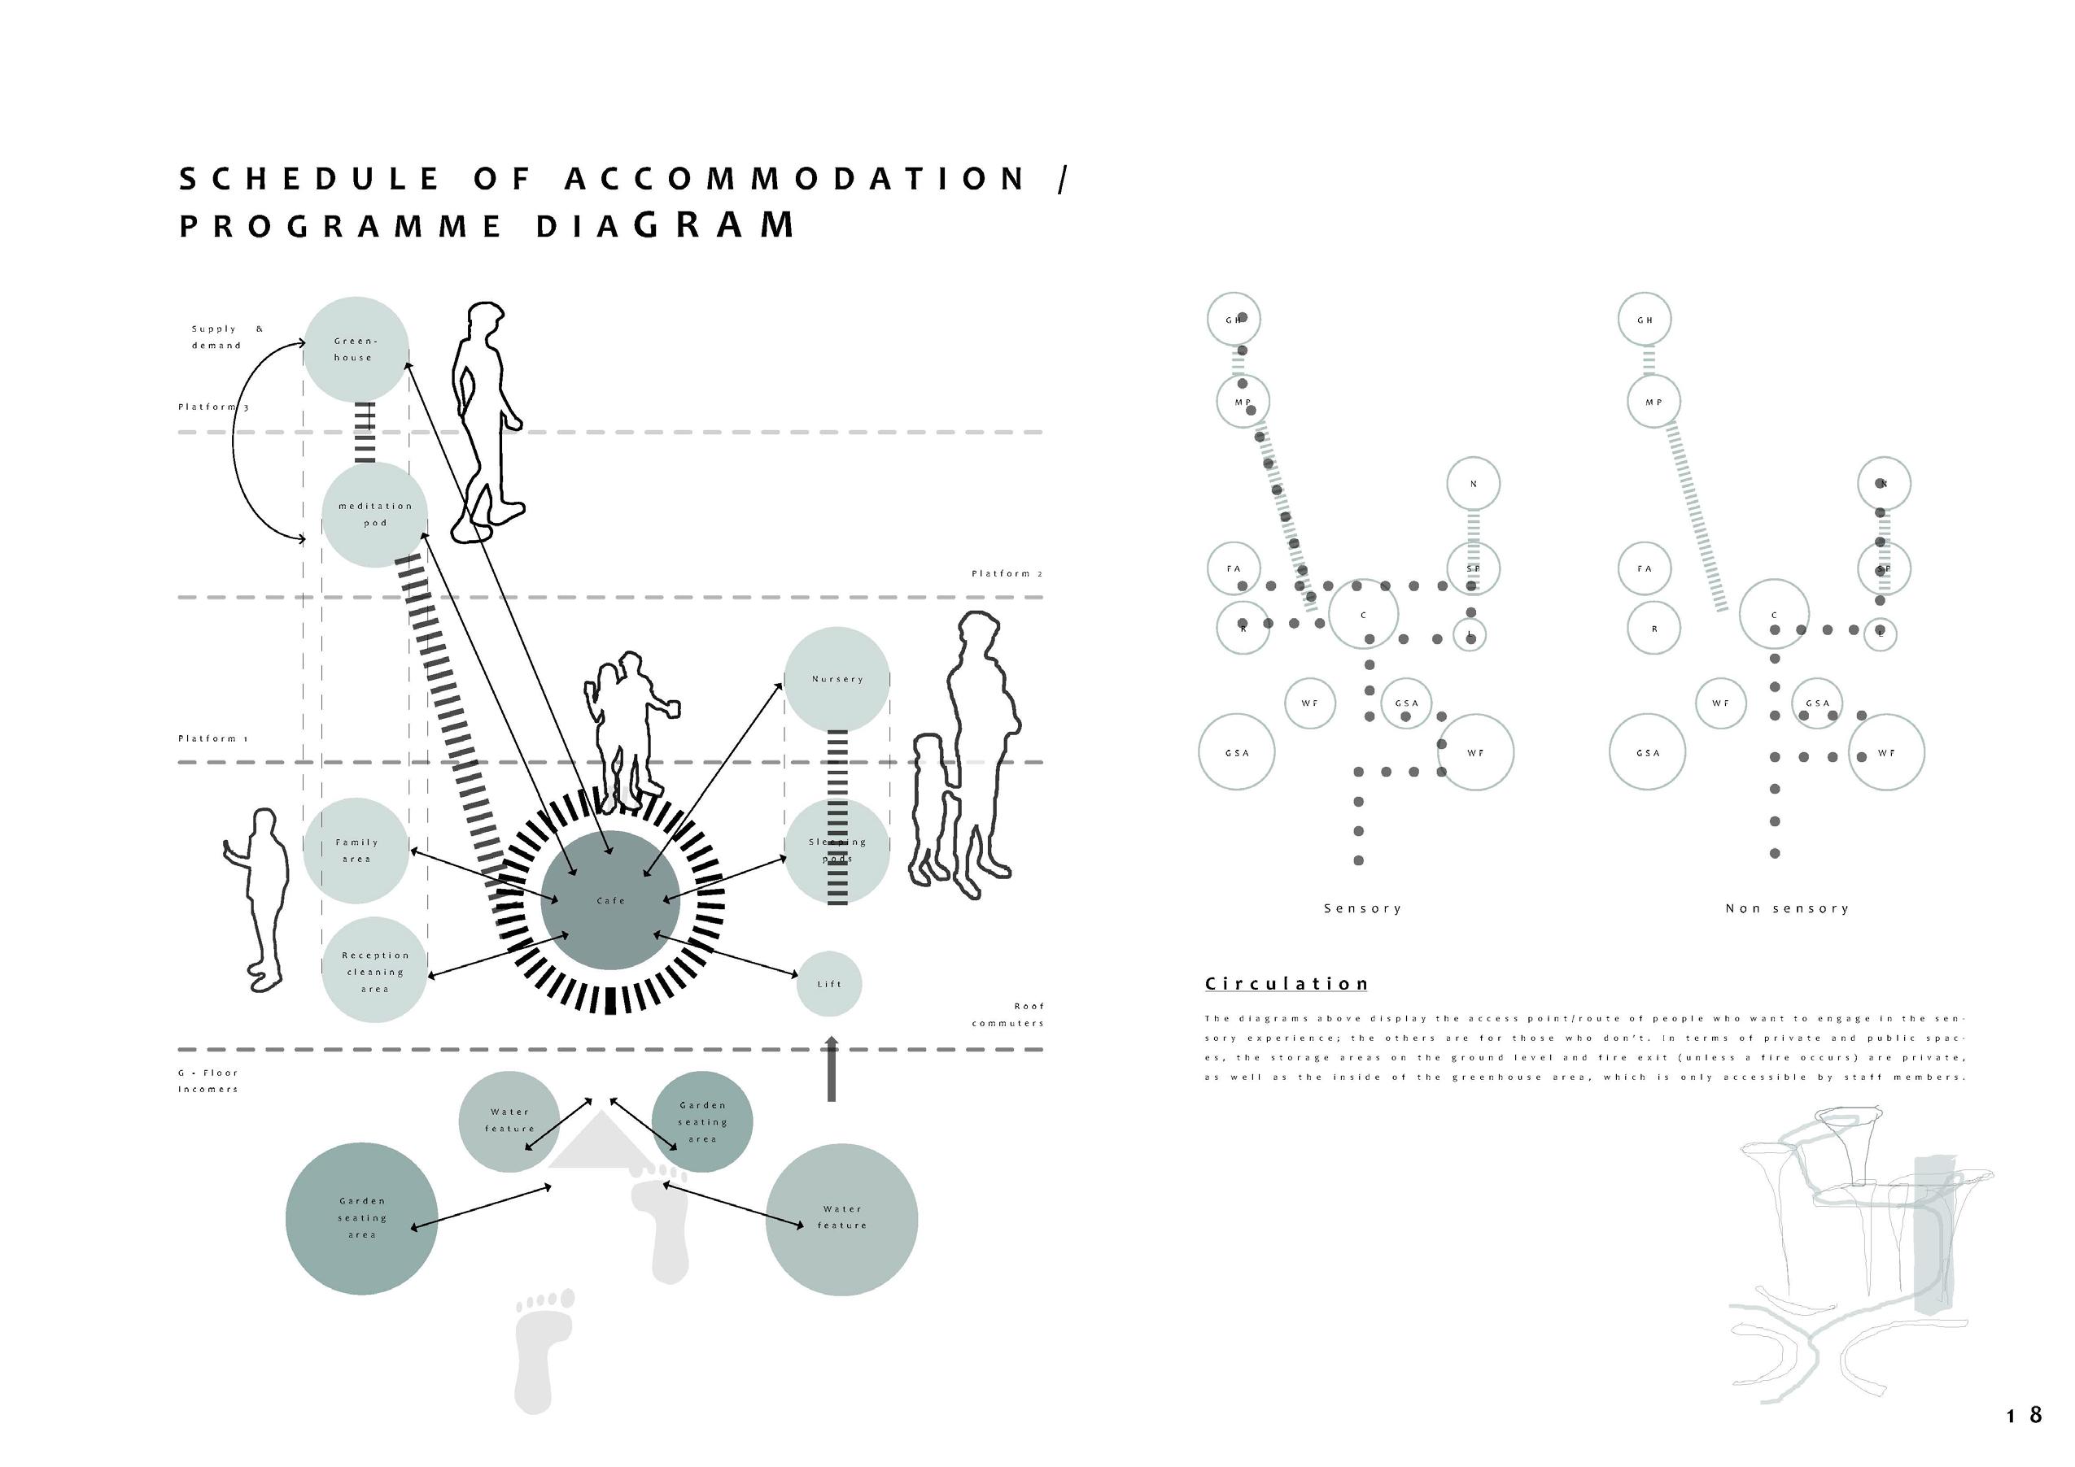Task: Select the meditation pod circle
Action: point(374,515)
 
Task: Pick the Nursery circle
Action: point(837,679)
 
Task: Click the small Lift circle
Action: point(828,984)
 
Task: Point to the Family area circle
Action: point(356,850)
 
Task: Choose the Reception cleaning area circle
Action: point(374,972)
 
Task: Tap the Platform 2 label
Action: point(1007,573)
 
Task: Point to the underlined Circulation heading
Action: point(1286,984)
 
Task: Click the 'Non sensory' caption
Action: point(1787,909)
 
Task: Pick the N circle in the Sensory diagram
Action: point(1473,484)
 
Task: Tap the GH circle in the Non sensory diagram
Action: point(1645,320)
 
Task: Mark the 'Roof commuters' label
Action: point(1008,1014)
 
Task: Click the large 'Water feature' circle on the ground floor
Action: point(841,1219)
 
